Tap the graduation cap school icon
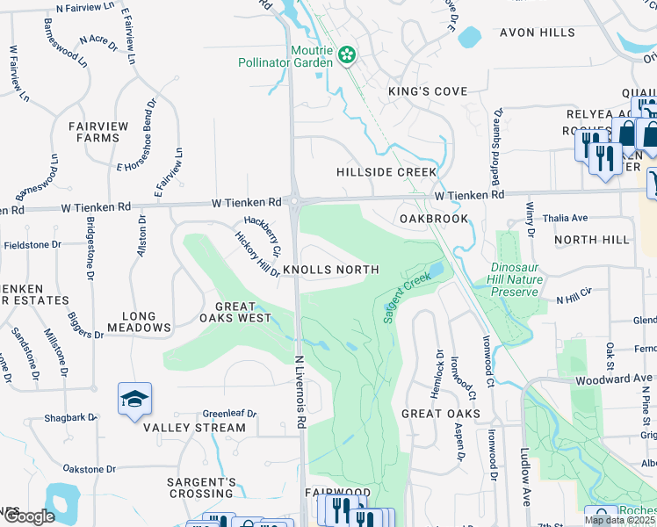point(134,400)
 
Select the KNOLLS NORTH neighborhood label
point(330,270)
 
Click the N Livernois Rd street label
point(300,392)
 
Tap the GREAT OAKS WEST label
point(235,312)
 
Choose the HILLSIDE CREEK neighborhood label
point(386,172)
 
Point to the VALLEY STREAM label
point(195,428)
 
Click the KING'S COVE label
point(429,91)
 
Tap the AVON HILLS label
point(536,32)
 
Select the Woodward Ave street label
point(614,379)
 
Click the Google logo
point(28,516)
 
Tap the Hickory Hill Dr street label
point(256,255)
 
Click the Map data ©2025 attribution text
point(619,520)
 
